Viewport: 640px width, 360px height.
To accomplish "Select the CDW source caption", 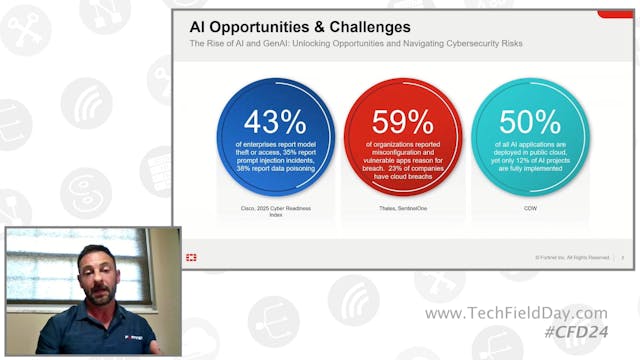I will (x=529, y=207).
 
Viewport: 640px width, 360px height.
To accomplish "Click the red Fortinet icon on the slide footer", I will (x=190, y=257).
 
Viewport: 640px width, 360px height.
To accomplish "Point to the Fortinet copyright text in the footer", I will (x=572, y=257).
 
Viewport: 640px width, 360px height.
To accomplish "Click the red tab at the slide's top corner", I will (x=614, y=14).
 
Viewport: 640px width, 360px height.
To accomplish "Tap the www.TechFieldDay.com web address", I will (x=516, y=314).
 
